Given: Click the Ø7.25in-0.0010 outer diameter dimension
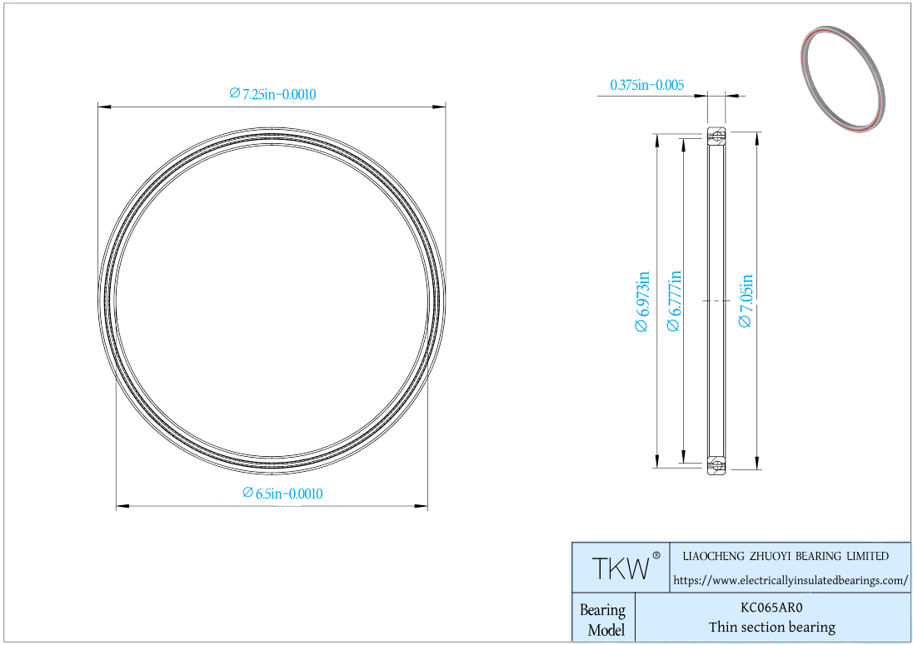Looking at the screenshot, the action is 272,94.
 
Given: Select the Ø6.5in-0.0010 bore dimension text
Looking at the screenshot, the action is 282,494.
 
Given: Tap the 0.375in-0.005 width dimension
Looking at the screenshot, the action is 647,85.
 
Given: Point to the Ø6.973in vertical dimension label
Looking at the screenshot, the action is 641,301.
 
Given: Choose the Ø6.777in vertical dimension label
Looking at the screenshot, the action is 674,300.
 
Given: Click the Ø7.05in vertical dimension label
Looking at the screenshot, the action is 746,300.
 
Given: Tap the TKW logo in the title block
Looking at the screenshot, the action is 621,568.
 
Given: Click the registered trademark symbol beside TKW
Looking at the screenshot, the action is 656,555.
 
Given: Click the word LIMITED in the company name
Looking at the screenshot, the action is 867,556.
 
